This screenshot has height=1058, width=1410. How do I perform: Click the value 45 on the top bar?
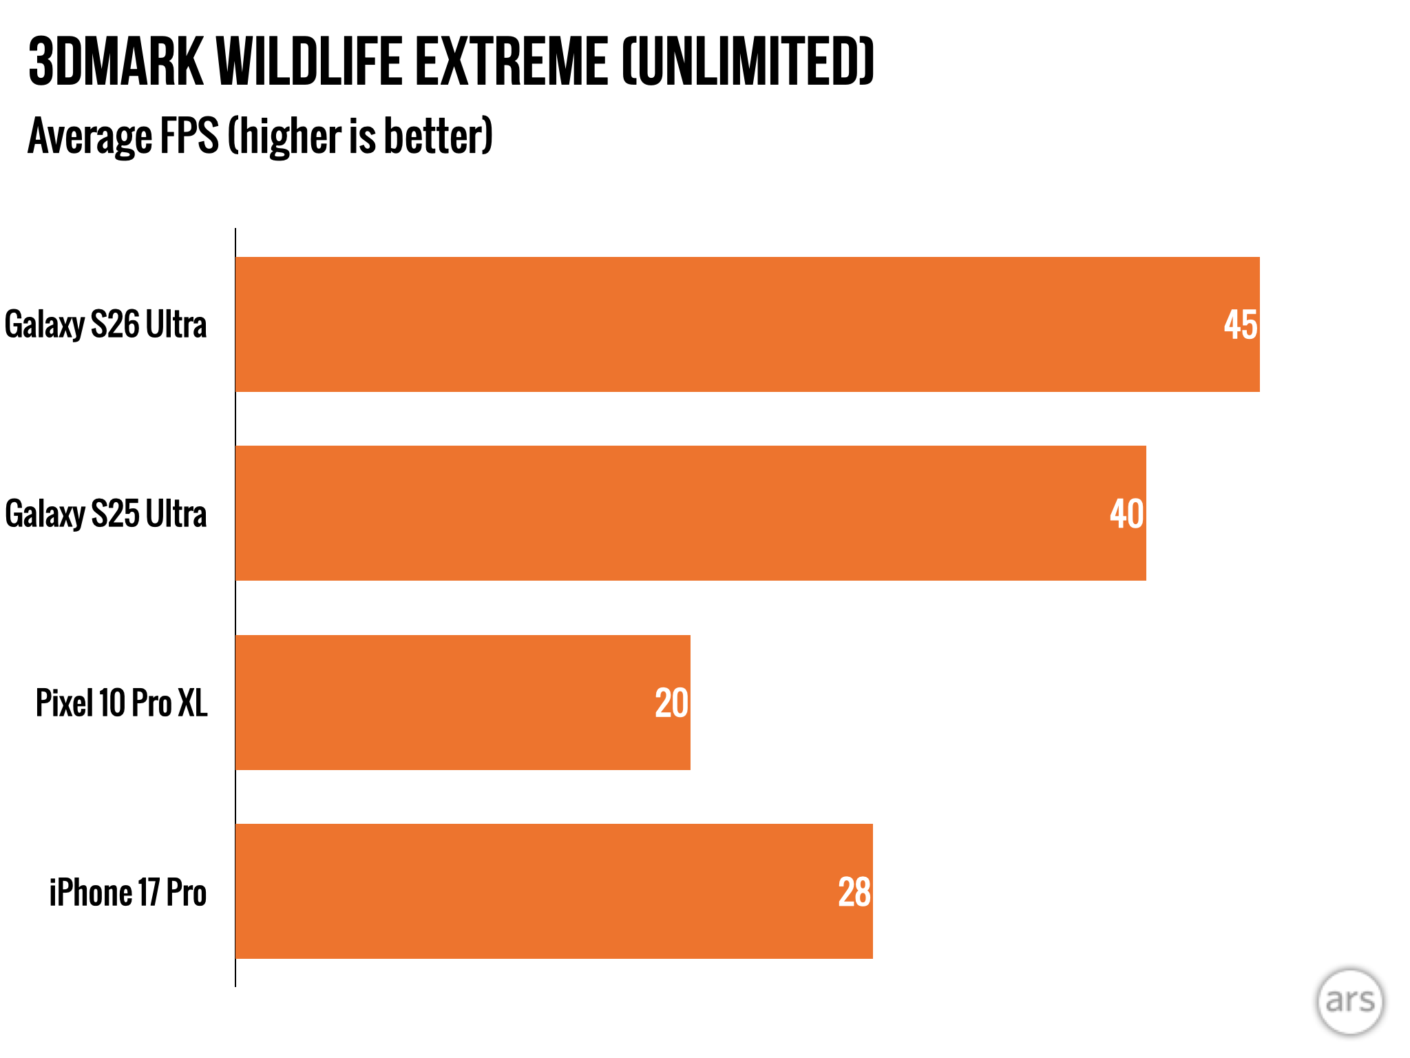click(1240, 324)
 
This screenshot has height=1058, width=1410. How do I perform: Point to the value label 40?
click(1126, 514)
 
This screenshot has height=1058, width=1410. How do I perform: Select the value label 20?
click(671, 703)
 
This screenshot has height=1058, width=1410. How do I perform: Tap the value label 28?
click(854, 892)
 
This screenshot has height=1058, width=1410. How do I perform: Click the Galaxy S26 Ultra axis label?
click(105, 324)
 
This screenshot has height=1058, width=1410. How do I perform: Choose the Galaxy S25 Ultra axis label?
click(105, 514)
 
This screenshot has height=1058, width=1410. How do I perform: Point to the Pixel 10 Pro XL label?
click(121, 703)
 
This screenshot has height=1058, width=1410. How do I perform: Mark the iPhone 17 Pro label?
click(127, 893)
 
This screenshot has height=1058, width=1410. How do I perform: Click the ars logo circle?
click(1349, 1002)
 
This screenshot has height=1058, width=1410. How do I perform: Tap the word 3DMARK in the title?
click(116, 62)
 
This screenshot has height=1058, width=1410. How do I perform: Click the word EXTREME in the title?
click(512, 62)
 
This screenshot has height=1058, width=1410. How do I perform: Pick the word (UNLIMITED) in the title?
click(748, 62)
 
